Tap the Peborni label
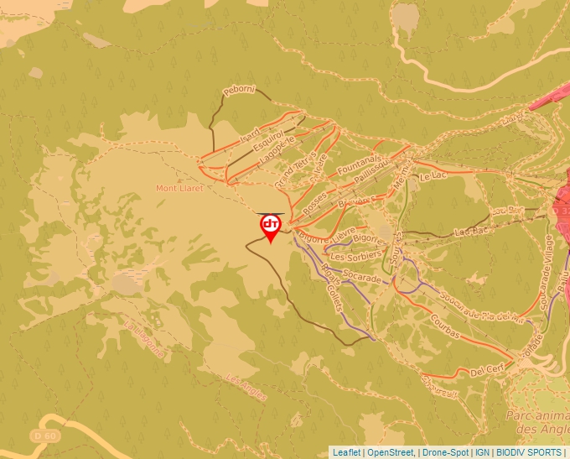[238, 90]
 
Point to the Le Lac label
[431, 177]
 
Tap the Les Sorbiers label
[356, 256]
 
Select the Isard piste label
[250, 133]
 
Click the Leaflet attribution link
[346, 452]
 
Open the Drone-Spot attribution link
[445, 452]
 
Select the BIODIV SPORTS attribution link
[529, 452]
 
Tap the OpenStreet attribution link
[391, 452]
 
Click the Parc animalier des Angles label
[536, 422]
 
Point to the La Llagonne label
[144, 339]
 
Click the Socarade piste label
[362, 277]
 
